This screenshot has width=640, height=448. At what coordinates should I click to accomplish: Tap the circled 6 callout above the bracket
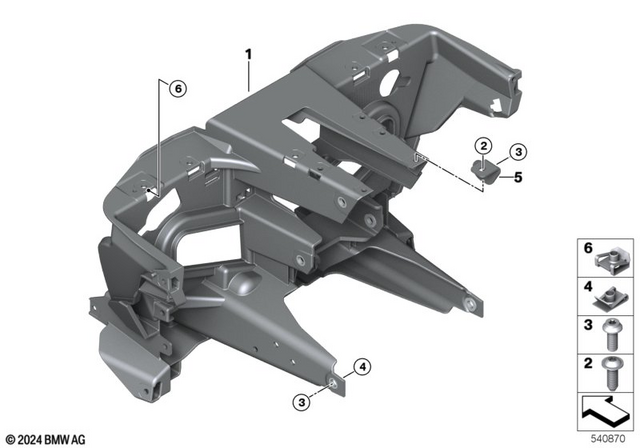tap(177, 90)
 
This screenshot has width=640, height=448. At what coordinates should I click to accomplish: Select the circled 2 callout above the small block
tap(482, 148)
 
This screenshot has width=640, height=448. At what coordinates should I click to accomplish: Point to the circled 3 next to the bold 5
tap(516, 152)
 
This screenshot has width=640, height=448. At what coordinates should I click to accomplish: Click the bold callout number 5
tap(519, 178)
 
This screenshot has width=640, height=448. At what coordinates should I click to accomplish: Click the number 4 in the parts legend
tap(588, 288)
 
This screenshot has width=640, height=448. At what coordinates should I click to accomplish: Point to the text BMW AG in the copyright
tap(72, 438)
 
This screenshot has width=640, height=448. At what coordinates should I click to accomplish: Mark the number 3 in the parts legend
tap(588, 324)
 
